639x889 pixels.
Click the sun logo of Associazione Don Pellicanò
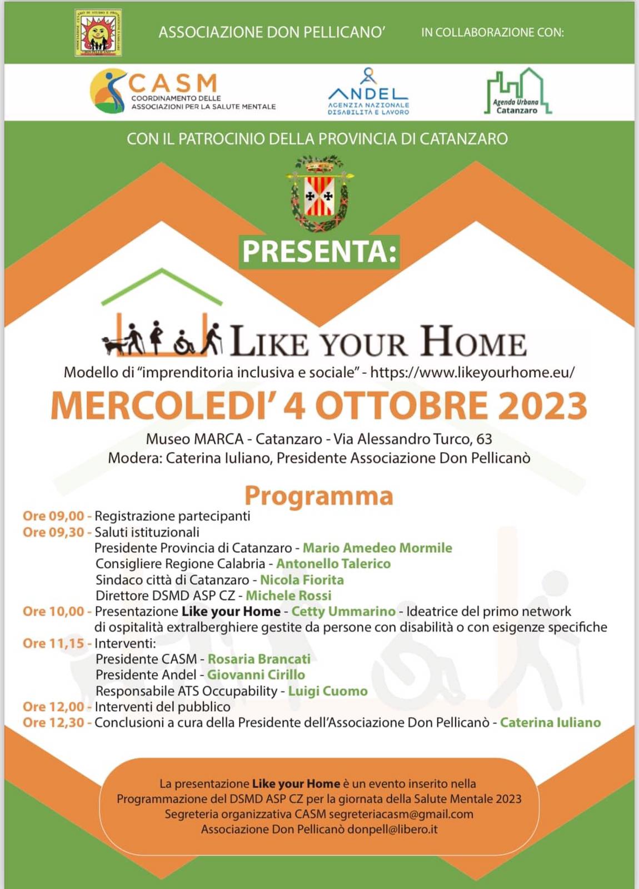tap(98, 32)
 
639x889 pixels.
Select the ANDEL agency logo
tap(368, 92)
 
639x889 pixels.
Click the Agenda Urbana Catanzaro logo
tap(518, 92)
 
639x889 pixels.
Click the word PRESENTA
tap(319, 252)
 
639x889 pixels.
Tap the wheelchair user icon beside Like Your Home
tap(184, 343)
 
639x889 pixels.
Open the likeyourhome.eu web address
tap(472, 372)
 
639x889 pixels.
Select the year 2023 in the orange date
tap(542, 406)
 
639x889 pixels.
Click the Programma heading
tap(319, 496)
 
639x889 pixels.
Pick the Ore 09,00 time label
tap(53, 516)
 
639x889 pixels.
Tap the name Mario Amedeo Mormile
tap(377, 548)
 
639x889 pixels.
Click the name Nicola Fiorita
tap(302, 580)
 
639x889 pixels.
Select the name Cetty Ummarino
tap(343, 612)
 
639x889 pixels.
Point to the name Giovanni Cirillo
tap(256, 675)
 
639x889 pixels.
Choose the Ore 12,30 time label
tap(53, 723)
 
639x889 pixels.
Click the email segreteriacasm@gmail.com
tap(401, 815)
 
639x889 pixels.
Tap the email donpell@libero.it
tap(392, 830)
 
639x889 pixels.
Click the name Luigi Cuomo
tap(328, 691)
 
